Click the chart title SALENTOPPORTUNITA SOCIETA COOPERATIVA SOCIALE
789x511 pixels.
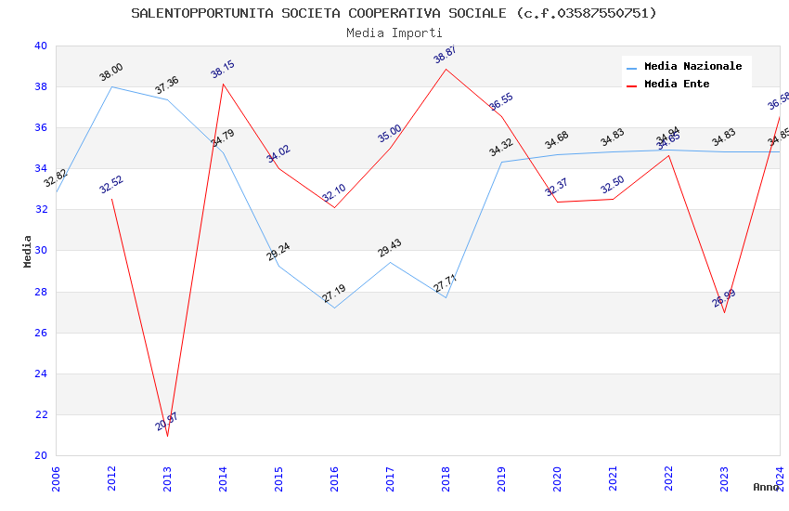(394, 13)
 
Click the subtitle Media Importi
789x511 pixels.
(394, 33)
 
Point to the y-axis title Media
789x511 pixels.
(28, 251)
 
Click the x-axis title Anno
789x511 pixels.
(766, 487)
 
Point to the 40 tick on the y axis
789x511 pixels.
(41, 46)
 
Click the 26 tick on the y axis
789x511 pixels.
(41, 333)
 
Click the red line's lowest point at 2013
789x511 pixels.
(167, 436)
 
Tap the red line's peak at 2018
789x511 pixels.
(446, 69)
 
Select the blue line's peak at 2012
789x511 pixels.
(111, 86)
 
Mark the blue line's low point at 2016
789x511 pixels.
(334, 308)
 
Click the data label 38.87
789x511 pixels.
(446, 55)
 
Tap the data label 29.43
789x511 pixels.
(390, 248)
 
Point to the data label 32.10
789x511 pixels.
(334, 193)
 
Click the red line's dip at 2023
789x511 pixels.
(724, 312)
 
